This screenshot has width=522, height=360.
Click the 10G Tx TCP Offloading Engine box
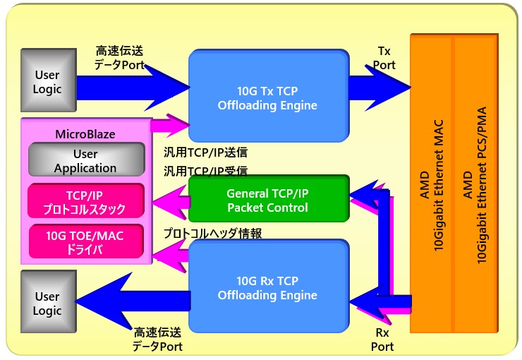269,96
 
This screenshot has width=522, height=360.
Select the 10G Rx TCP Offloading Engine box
269,287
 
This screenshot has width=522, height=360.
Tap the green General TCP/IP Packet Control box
269,198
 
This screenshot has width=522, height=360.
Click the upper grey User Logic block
49,80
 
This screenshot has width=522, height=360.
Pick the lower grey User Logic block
49,301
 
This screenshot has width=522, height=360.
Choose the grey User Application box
86,160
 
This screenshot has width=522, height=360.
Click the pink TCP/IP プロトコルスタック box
86,200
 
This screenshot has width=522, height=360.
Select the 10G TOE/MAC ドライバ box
86,241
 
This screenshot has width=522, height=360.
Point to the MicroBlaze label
85,134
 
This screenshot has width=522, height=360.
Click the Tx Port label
384,58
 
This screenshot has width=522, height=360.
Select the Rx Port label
382,340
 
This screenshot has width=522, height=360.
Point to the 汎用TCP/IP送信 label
205,152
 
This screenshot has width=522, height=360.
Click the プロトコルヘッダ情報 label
212,233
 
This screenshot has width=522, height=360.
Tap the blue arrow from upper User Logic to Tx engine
133,88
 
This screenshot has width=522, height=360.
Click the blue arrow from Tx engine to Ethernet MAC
380,88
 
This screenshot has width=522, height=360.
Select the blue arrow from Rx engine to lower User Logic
133,301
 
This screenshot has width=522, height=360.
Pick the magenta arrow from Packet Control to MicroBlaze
171,202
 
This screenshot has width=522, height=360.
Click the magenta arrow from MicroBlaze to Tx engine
171,126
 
